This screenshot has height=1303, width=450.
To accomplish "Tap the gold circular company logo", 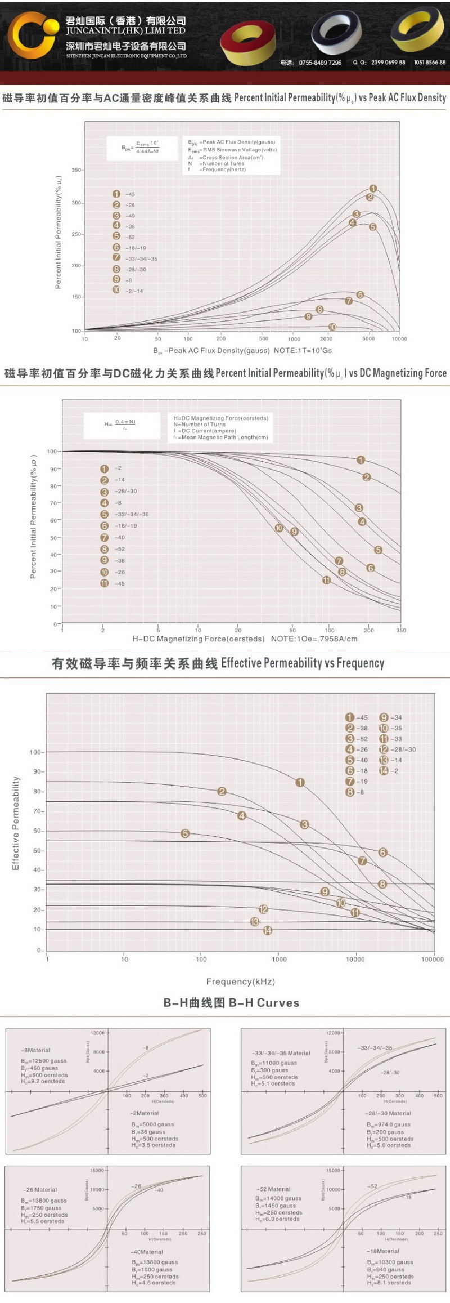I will pyautogui.click(x=33, y=35).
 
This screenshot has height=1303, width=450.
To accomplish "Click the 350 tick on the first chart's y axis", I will pyautogui.click(x=76, y=170).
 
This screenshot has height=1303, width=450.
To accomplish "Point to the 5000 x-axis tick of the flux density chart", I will pyautogui.click(x=368, y=339).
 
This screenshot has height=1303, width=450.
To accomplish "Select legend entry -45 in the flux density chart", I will pyautogui.click(x=124, y=194).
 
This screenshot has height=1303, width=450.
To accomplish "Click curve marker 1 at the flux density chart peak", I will pyautogui.click(x=373, y=189).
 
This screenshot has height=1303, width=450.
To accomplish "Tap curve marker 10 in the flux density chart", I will pyautogui.click(x=332, y=327).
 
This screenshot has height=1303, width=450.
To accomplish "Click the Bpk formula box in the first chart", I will pyautogui.click(x=140, y=148).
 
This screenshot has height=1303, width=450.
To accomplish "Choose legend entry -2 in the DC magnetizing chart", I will pyautogui.click(x=112, y=468).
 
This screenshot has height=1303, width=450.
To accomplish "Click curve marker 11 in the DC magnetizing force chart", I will pyautogui.click(x=326, y=580).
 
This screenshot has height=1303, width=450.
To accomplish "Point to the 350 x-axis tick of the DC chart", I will pyautogui.click(x=401, y=630).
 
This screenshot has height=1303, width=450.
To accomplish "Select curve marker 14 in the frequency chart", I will pyautogui.click(x=268, y=931).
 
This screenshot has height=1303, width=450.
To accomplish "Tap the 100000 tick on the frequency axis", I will pyautogui.click(x=432, y=960).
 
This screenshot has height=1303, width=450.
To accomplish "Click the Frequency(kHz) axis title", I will pyautogui.click(x=240, y=981).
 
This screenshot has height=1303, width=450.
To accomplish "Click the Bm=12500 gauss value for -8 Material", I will pyautogui.click(x=43, y=1061).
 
